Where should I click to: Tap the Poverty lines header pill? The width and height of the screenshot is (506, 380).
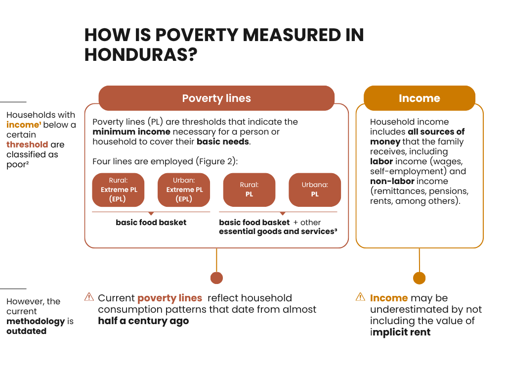pyautogui.click(x=216, y=98)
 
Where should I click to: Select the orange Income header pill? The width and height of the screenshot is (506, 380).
pyautogui.click(x=419, y=98)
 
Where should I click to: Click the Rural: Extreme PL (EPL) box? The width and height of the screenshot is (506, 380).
pyautogui.click(x=119, y=190)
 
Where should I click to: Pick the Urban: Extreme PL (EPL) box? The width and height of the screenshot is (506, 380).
pyautogui.click(x=184, y=190)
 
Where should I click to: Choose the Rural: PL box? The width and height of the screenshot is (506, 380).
pyautogui.click(x=250, y=190)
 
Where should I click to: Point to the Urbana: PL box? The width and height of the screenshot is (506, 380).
pyautogui.click(x=315, y=190)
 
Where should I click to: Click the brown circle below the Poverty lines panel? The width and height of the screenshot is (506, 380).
pyautogui.click(x=216, y=278)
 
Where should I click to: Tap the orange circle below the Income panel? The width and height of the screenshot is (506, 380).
pyautogui.click(x=419, y=278)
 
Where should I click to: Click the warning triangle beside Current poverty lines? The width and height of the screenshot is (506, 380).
pyautogui.click(x=89, y=297)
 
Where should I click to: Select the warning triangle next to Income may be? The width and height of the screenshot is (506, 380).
pyautogui.click(x=360, y=297)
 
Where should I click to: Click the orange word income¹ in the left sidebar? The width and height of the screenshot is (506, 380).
pyautogui.click(x=24, y=125)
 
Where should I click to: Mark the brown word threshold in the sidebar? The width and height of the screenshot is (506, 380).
pyautogui.click(x=27, y=144)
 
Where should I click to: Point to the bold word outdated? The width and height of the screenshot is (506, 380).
pyautogui.click(x=27, y=331)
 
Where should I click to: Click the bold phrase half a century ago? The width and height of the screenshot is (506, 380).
pyautogui.click(x=143, y=321)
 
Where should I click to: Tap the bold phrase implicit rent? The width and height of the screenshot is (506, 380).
pyautogui.click(x=400, y=332)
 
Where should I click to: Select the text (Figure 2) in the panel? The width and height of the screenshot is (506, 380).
pyautogui.click(x=216, y=161)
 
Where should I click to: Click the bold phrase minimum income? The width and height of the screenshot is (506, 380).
pyautogui.click(x=131, y=132)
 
